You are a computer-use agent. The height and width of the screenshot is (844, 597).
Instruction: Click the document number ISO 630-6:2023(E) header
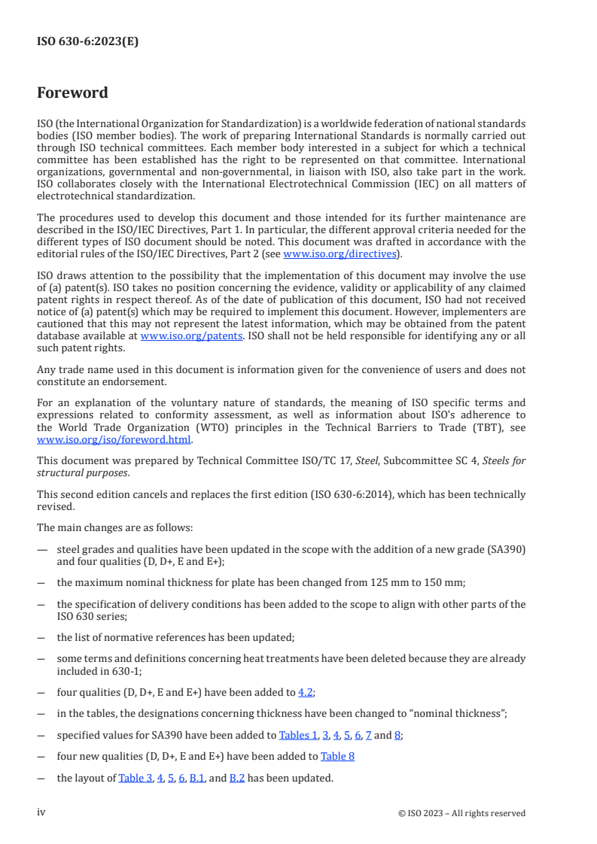point(87,42)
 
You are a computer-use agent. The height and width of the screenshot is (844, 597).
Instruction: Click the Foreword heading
point(72,93)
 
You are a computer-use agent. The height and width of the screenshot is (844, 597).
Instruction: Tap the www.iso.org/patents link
point(191,336)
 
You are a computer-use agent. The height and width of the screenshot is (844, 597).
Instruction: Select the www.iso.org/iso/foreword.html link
point(114,439)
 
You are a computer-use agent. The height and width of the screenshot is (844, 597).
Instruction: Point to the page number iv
point(41,812)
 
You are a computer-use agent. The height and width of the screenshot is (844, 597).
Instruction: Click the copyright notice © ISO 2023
point(461,813)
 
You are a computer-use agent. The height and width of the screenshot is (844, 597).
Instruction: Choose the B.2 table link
point(236,778)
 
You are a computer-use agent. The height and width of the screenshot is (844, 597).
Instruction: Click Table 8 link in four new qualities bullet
point(337,756)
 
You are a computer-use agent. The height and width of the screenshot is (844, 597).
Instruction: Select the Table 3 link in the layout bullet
point(134,778)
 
